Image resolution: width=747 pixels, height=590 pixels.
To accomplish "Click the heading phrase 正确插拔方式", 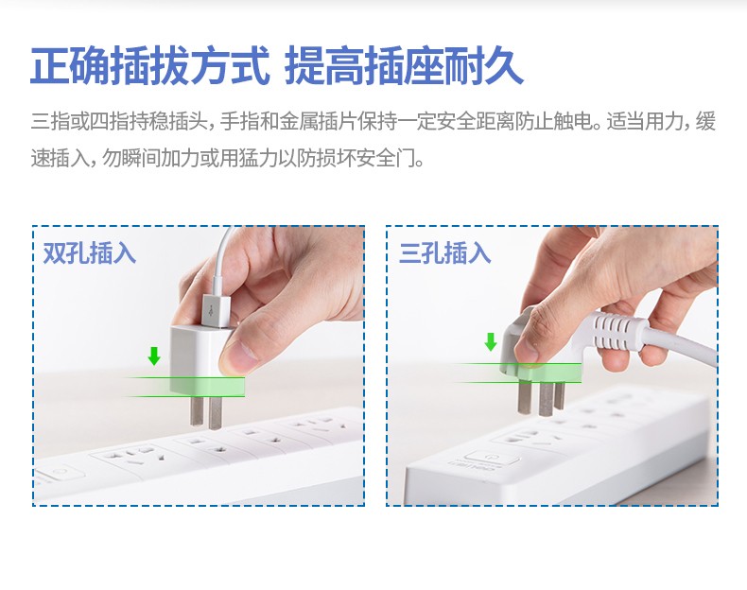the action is tap(150, 66).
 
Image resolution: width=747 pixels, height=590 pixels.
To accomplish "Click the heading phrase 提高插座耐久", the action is tap(404, 66).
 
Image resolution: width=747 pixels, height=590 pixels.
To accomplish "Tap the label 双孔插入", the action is tap(90, 252).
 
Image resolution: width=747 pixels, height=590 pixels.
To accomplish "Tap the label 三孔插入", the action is tap(445, 252).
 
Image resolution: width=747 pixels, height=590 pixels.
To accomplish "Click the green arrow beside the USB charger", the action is tap(153, 356).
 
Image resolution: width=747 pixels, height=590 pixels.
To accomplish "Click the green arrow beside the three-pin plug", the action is tap(490, 341).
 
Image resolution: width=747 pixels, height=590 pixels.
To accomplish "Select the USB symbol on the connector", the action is tap(212, 311).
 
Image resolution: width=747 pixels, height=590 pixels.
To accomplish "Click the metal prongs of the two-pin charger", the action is tap(206, 411).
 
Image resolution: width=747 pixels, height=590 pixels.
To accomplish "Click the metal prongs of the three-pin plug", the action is tap(541, 398).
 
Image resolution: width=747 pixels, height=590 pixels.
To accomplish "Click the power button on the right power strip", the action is tap(488, 457).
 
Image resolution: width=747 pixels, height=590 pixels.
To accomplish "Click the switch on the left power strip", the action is tap(58, 473).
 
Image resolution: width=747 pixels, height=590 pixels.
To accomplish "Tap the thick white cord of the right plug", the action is tap(682, 342).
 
